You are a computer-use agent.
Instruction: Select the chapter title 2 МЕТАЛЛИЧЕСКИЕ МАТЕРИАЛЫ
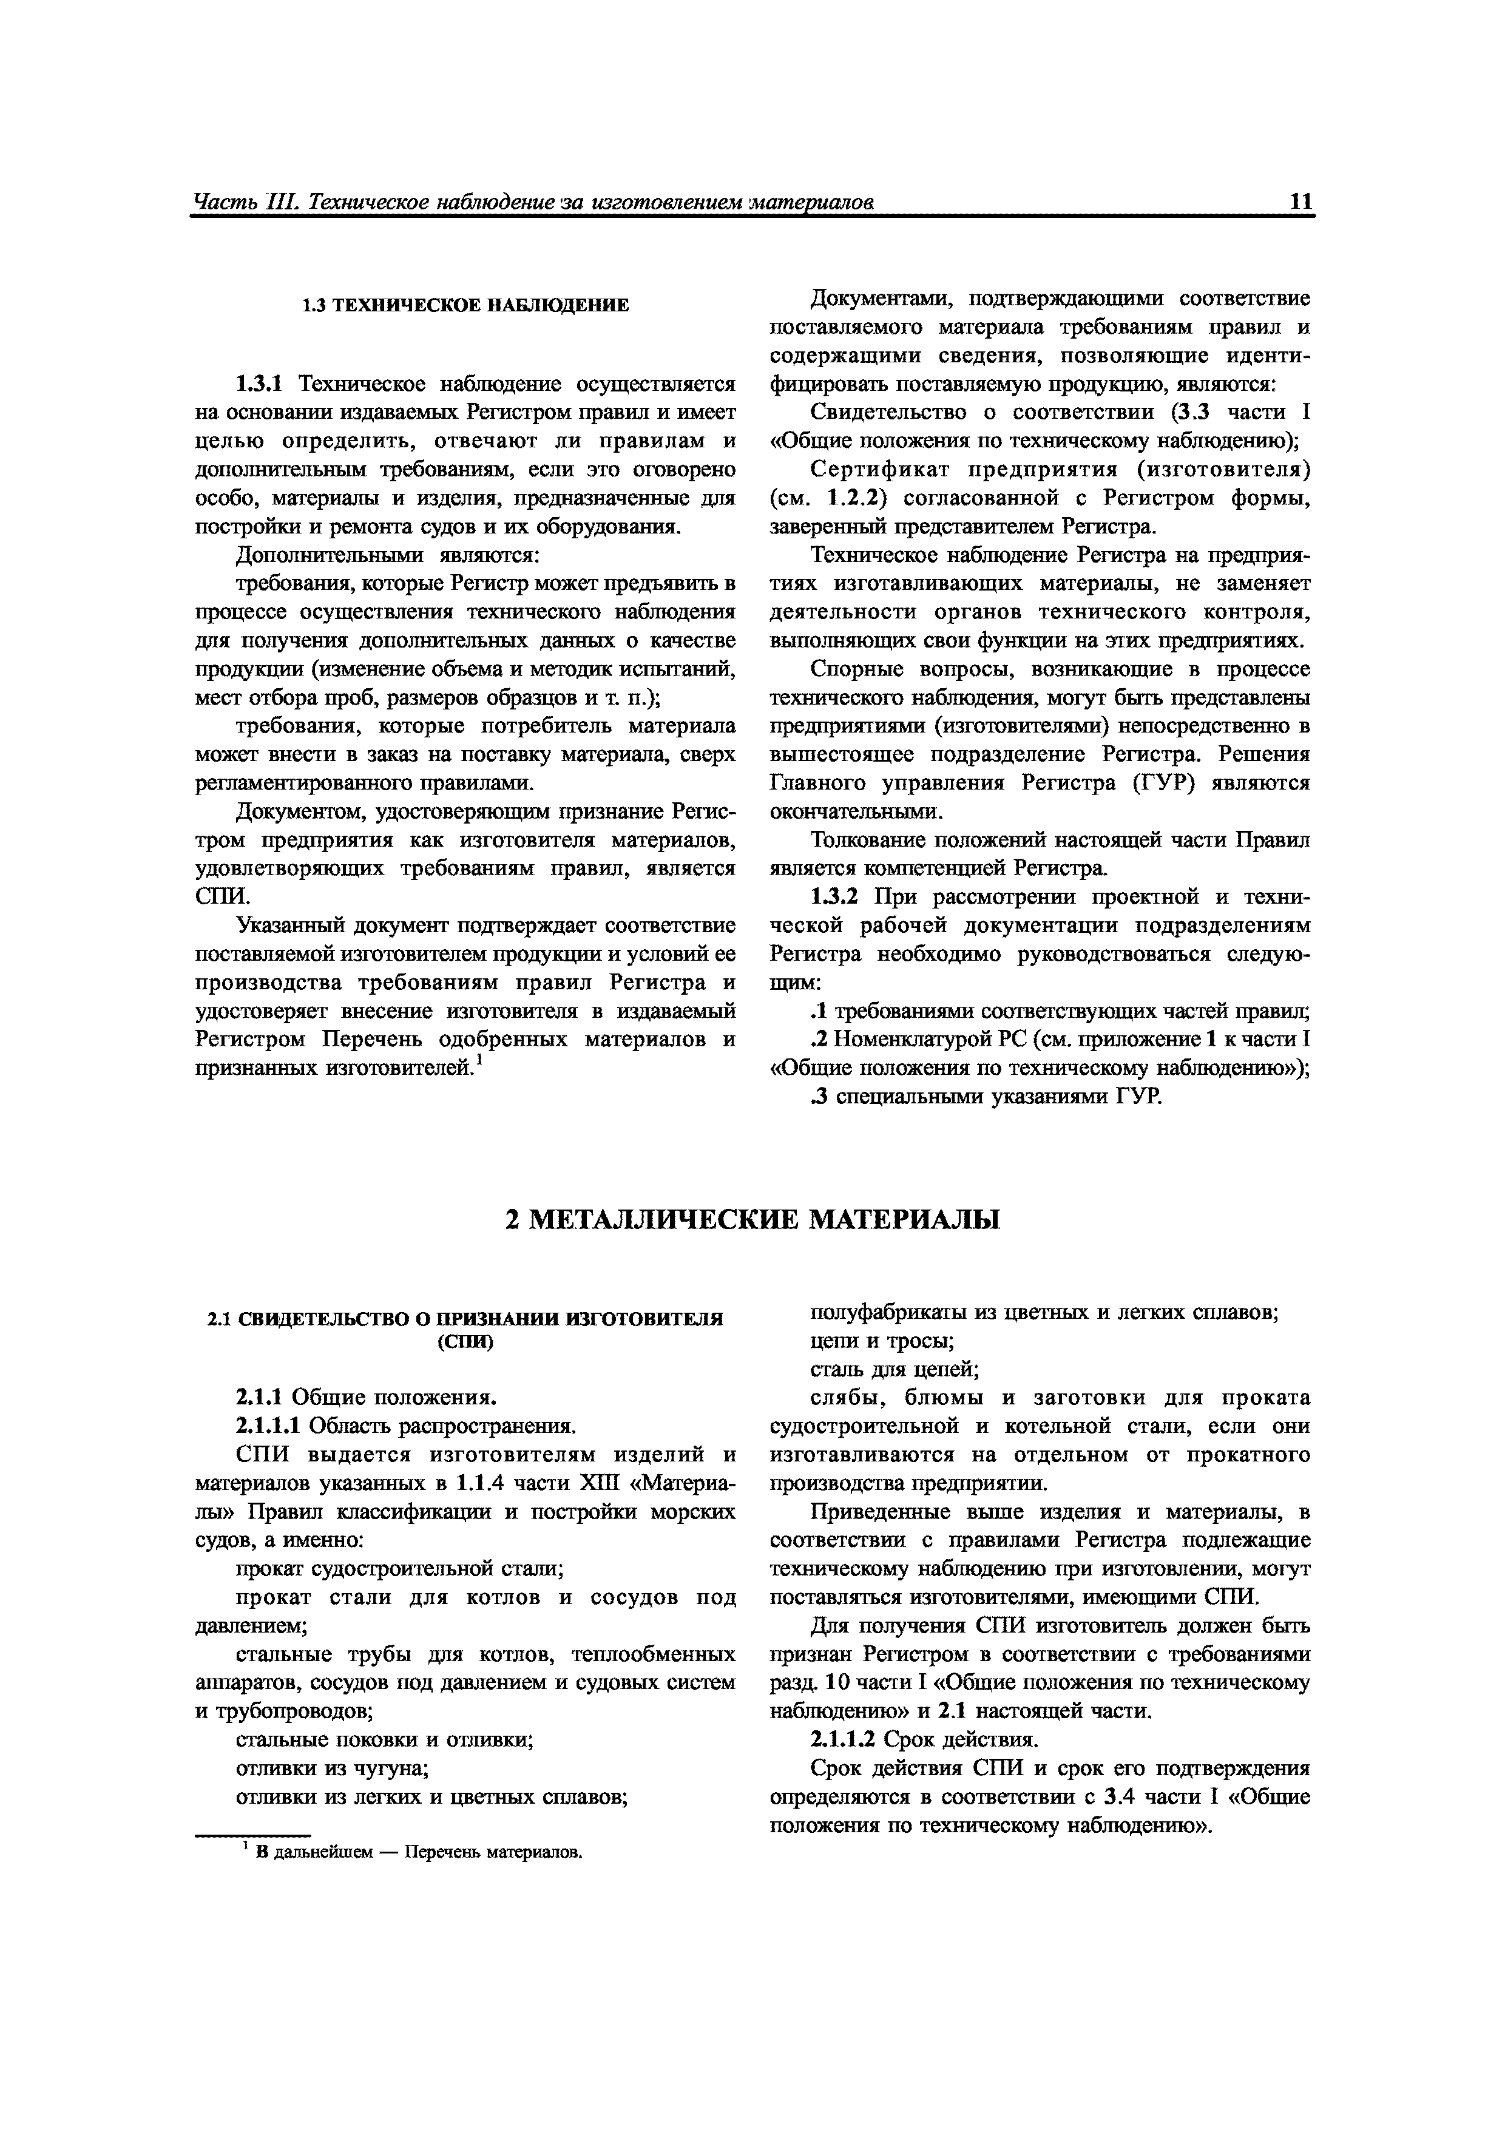point(752,1219)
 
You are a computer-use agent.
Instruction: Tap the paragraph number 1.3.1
point(263,384)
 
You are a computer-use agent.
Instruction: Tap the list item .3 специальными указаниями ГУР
point(985,1097)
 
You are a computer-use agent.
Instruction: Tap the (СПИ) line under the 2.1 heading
point(465,1342)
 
